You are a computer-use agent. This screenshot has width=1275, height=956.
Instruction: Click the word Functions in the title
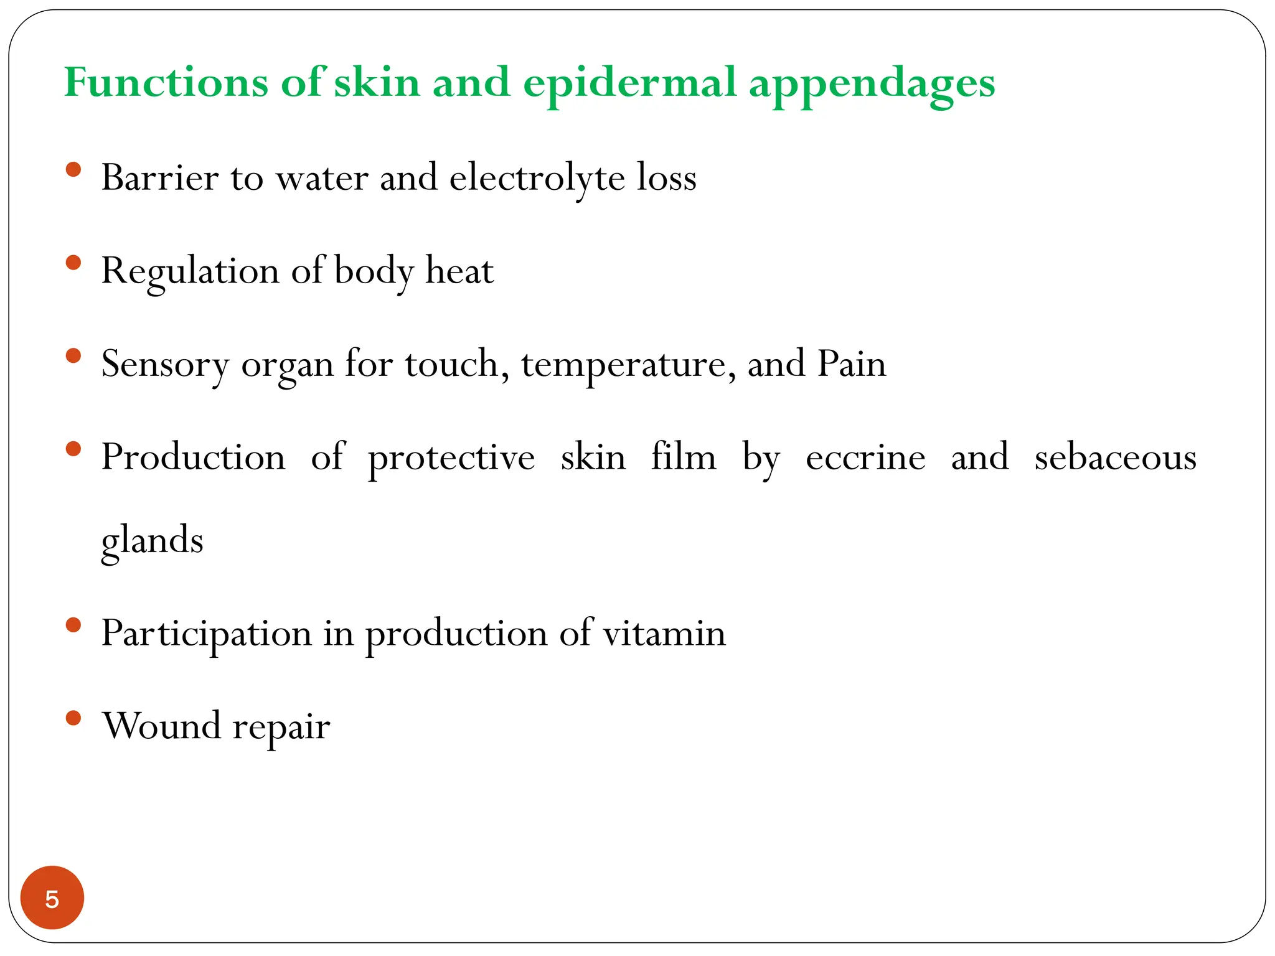166,82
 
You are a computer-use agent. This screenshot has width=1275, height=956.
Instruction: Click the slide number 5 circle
52,897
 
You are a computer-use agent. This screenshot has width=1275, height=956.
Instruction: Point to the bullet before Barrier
73,170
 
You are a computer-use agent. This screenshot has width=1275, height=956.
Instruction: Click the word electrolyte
537,178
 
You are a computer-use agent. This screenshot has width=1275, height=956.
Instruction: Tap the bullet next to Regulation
73,263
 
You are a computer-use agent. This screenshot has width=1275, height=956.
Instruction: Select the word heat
459,271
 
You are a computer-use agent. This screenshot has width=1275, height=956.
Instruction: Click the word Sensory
165,365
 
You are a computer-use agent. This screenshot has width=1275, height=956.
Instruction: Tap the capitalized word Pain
851,363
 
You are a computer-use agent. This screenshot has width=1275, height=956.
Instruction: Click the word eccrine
865,457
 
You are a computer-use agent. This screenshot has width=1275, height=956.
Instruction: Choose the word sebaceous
1115,457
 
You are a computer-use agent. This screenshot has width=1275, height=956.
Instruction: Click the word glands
153,540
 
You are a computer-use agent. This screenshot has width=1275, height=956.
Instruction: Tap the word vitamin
664,633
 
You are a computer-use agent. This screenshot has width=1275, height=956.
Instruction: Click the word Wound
162,726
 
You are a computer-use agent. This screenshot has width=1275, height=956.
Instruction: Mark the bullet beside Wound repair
73,718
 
